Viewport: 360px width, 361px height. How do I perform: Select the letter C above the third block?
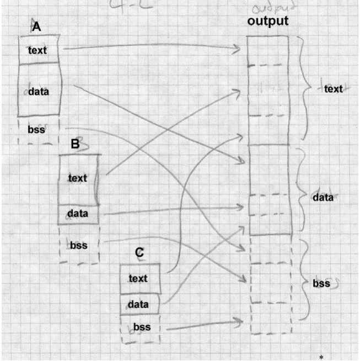pos(139,253)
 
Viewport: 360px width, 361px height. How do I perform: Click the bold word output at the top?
pos(267,22)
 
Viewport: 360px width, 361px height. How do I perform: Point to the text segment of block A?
pos(37,51)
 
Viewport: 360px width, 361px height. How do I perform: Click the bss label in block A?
pos(36,130)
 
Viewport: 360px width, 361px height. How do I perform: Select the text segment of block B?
pos(78,178)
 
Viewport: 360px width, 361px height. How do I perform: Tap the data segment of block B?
pos(78,213)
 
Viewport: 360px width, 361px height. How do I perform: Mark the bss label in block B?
pos(78,245)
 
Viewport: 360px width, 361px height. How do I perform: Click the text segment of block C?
pos(138,278)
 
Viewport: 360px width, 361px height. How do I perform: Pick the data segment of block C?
pos(138,304)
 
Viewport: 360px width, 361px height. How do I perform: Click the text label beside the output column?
pos(333,88)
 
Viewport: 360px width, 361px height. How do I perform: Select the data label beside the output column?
pos(323,198)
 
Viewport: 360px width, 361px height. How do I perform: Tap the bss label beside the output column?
pos(321,284)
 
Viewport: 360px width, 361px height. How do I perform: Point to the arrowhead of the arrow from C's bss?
pos(241,321)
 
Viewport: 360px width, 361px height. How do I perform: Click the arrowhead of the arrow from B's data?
pos(241,208)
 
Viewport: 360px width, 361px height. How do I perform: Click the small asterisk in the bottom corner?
pos(321,357)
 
